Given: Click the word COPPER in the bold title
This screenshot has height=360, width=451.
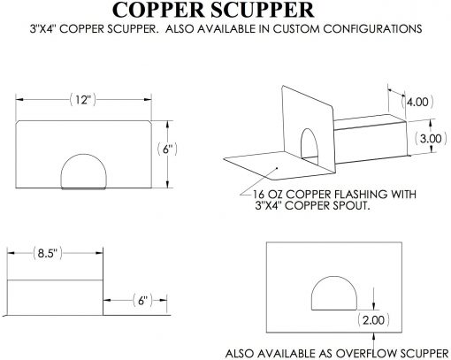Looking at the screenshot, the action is pos(158,10).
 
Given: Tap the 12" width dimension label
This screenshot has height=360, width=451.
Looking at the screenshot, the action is pos(83,100).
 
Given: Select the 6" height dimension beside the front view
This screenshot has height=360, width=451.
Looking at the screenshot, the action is pos(167,149).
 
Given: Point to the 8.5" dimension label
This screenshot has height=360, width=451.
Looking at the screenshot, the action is pos(47,253).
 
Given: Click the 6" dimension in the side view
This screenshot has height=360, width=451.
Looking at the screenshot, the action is pos(142,301).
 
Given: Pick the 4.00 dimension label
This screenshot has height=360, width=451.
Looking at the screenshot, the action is pos(417,102).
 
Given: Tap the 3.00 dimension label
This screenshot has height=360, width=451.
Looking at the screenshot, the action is pos(431,138).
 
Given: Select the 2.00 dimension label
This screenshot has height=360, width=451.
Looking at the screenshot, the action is pos(373,320).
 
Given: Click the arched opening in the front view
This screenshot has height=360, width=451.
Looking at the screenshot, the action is pos(83,154).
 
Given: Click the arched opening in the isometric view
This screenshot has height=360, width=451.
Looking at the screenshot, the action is pos(310,129).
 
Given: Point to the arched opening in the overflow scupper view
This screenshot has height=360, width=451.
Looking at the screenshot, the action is pos(334,277).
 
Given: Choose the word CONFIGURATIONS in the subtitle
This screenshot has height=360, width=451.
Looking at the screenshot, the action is pos(372,29).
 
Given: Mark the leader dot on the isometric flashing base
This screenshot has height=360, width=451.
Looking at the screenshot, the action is pos(277,168).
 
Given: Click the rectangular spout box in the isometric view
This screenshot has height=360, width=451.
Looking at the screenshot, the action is pos(371,139).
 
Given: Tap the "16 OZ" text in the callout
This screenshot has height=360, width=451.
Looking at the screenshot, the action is pos(268,195).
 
